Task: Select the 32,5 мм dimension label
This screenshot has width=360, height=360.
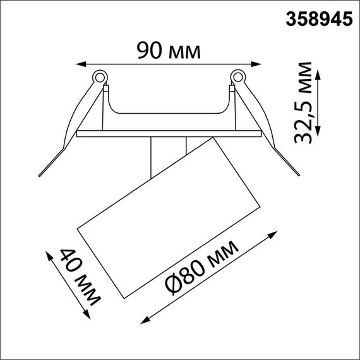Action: pos(308,103)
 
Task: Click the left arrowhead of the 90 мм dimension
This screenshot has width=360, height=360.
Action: pos(79,63)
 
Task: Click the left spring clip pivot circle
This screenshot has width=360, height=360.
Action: pos(99,78)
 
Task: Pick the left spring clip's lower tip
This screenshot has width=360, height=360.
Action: pos(40,175)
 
